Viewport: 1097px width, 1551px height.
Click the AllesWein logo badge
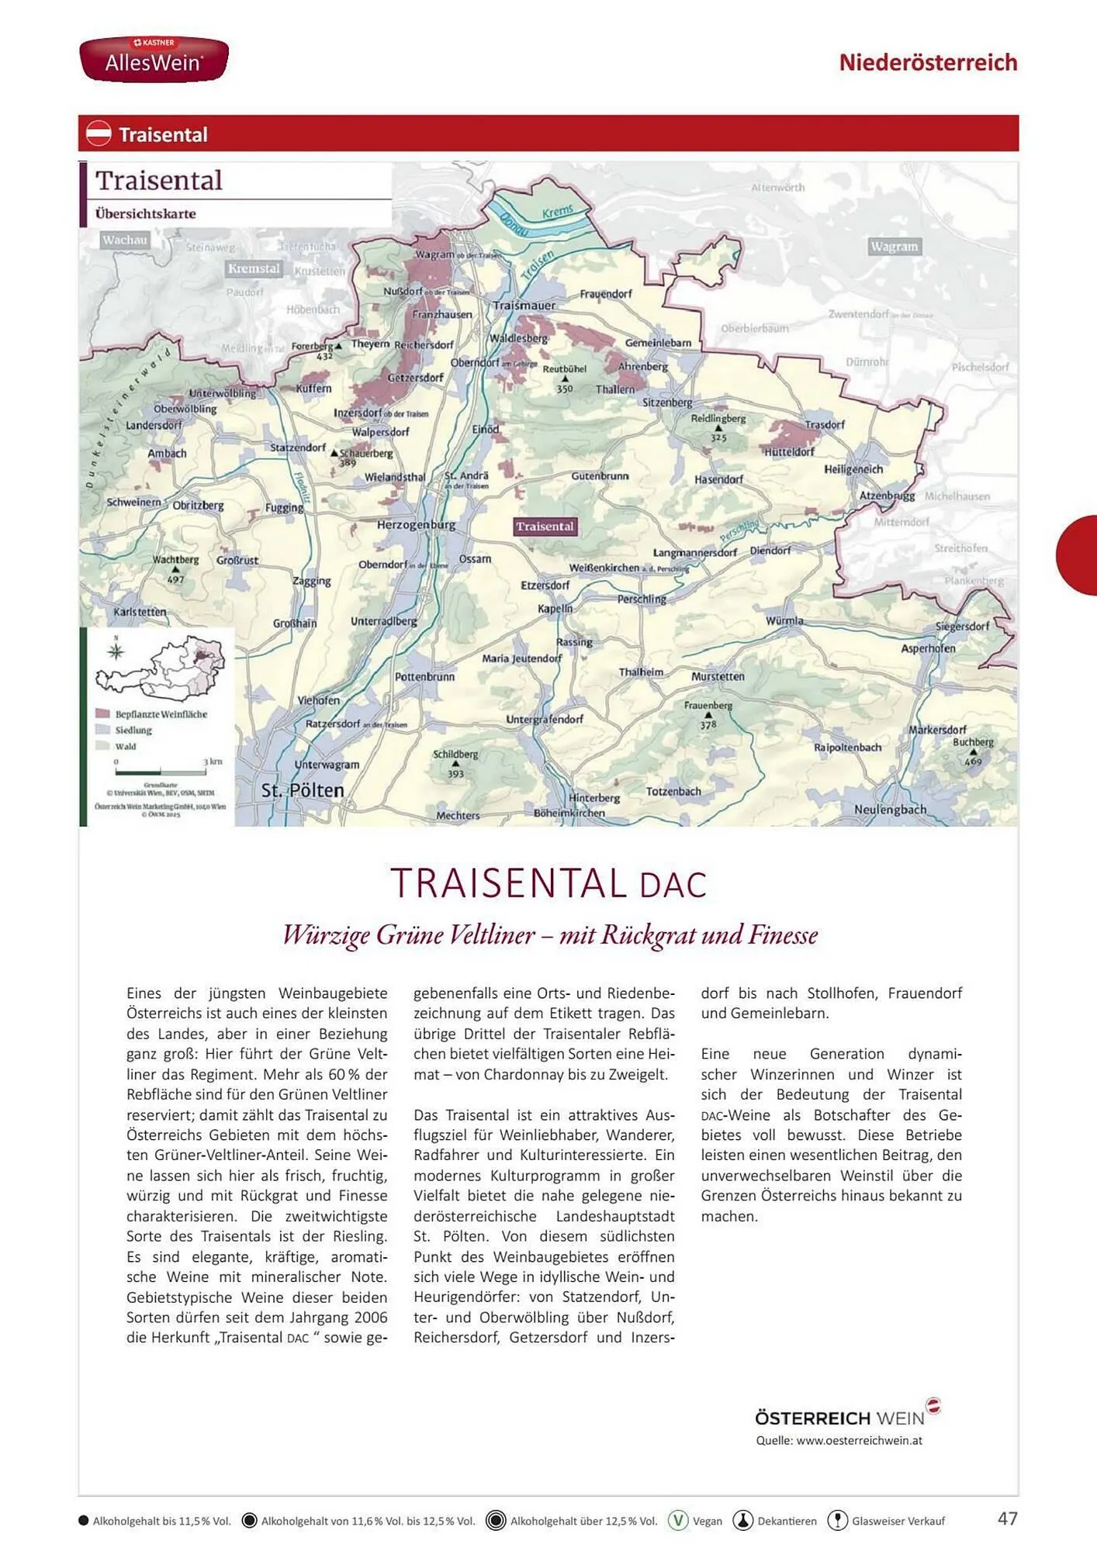tap(154, 59)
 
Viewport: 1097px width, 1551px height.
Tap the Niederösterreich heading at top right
tap(927, 62)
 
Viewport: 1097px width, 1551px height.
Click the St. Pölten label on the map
tap(303, 790)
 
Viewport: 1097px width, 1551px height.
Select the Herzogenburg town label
tap(416, 525)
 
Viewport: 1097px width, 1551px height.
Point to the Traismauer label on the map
tap(524, 306)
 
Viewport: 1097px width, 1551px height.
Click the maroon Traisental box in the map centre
tap(545, 527)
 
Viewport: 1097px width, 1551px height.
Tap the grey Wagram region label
tap(894, 247)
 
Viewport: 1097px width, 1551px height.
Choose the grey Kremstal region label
tap(254, 268)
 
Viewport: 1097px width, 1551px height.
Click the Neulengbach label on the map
tap(890, 809)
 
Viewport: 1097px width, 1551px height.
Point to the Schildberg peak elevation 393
tap(455, 773)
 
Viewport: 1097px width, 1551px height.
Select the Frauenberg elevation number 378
tap(708, 725)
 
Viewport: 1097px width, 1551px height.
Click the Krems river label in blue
tap(557, 211)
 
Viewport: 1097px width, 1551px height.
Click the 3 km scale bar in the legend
tap(161, 772)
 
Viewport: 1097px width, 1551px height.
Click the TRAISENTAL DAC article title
tap(548, 883)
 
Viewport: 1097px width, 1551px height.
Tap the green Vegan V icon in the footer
tap(678, 1520)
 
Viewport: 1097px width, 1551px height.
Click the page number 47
tap(1007, 1518)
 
